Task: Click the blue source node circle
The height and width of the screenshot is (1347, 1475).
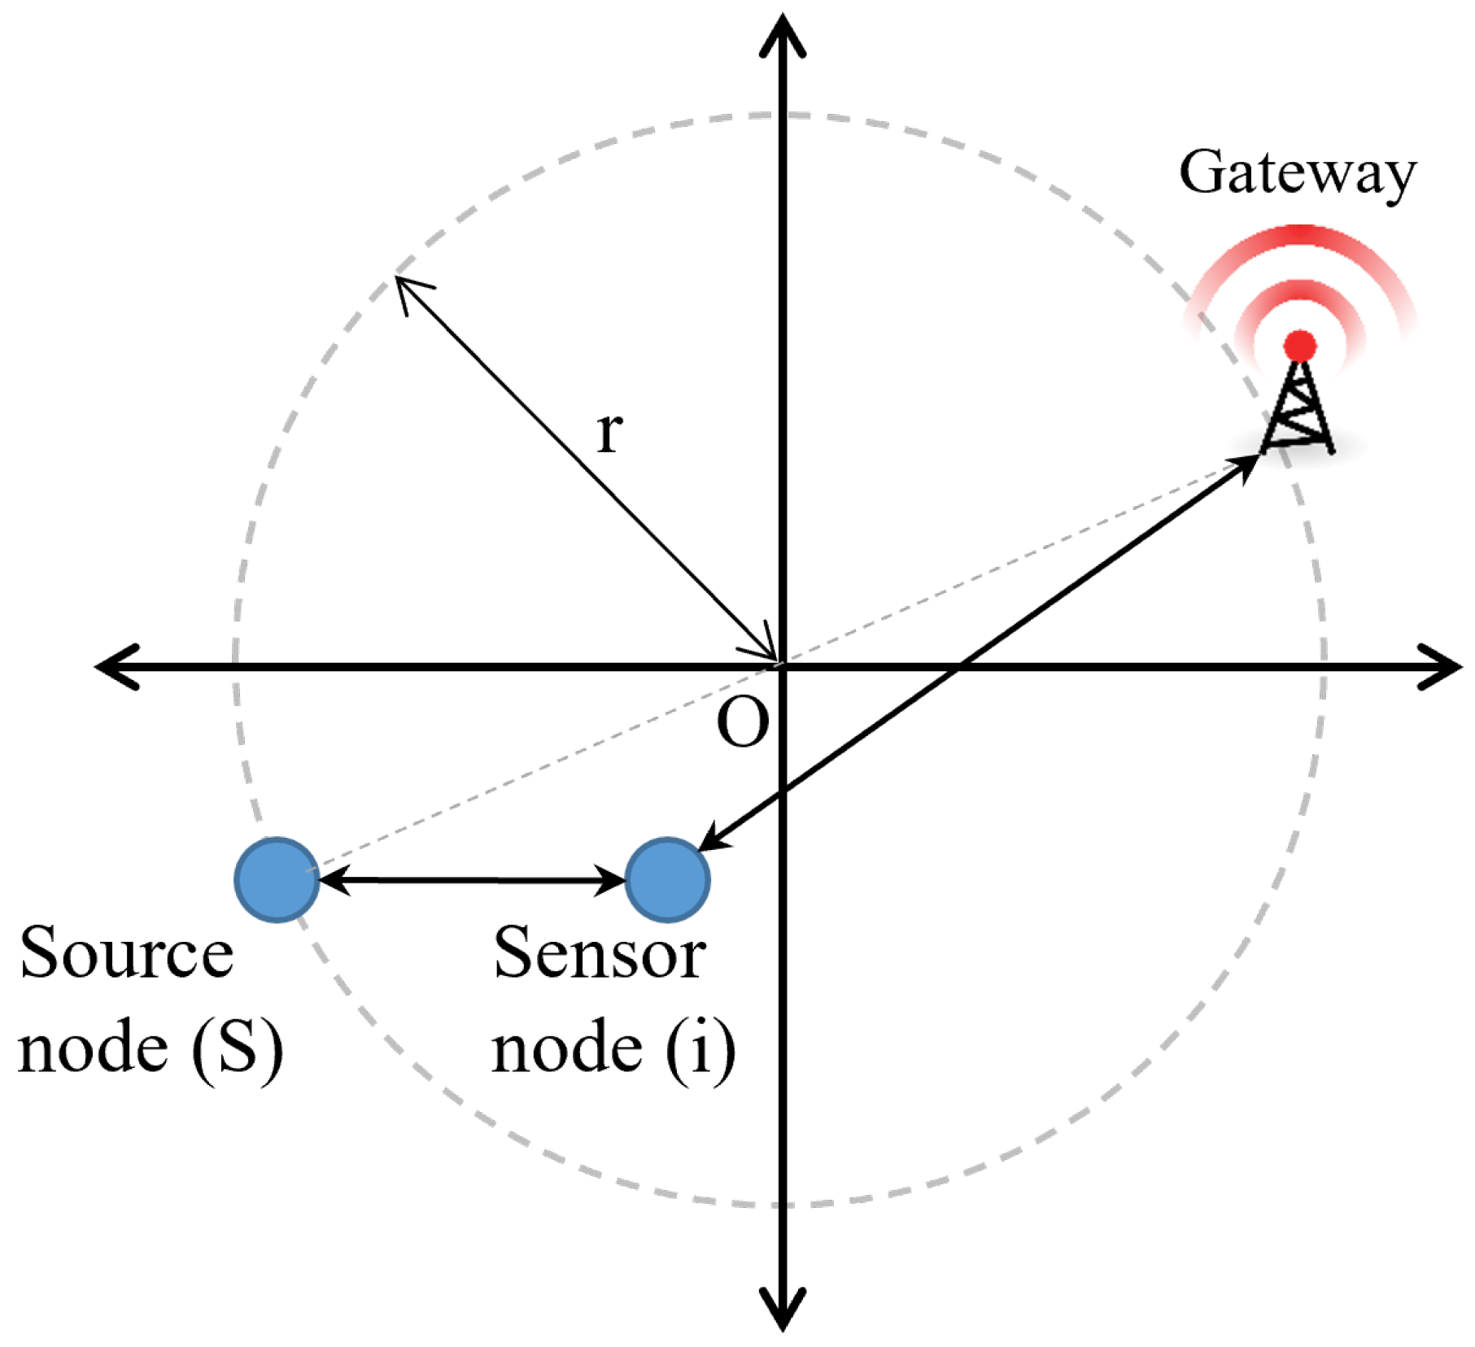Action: (x=277, y=879)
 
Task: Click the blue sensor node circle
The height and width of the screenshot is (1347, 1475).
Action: (x=667, y=879)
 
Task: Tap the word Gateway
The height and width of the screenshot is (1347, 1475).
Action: (x=1297, y=172)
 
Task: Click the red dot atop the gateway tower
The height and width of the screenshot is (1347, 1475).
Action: (x=1300, y=346)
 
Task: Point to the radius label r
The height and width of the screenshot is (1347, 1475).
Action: (x=609, y=432)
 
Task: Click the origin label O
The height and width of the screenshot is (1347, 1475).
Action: (x=742, y=723)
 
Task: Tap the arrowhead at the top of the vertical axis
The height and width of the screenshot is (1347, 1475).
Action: (x=783, y=37)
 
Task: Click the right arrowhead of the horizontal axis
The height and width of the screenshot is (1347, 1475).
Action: (x=1440, y=667)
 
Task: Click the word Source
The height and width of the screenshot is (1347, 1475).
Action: (x=126, y=953)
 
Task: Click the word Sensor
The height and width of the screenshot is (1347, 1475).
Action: (x=600, y=953)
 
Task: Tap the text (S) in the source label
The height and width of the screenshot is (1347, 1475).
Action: (x=238, y=1049)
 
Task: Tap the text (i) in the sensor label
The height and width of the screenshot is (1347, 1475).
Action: (x=700, y=1049)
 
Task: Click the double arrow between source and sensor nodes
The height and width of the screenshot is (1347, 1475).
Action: (x=472, y=880)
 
